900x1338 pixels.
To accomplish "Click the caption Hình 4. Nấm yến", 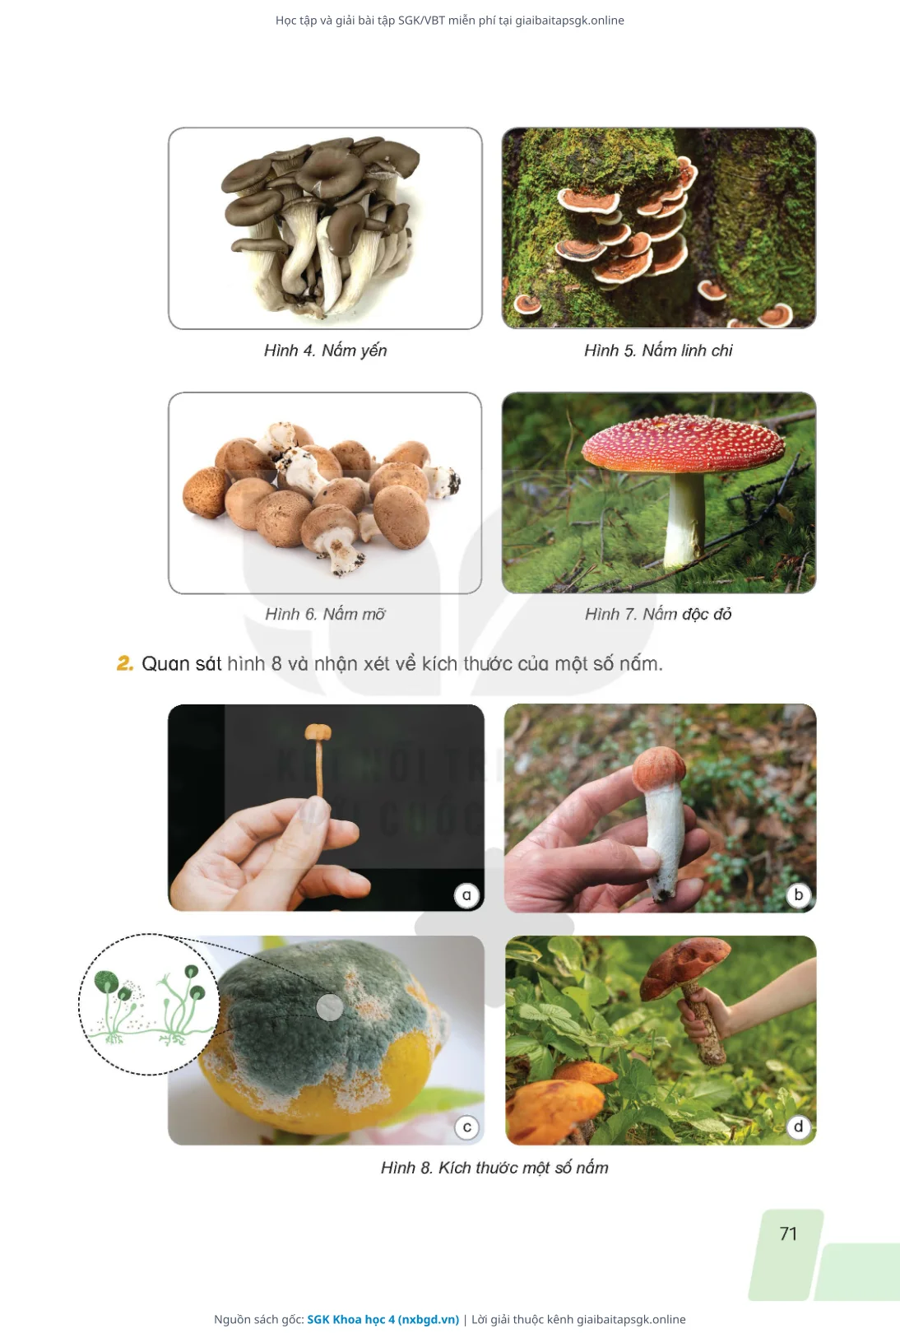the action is point(326,351).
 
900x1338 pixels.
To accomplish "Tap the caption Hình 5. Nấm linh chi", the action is point(658,351).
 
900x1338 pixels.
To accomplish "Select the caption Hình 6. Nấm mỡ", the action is point(326,614).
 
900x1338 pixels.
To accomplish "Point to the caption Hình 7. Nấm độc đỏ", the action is point(658,614).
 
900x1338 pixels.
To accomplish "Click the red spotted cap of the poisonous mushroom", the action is point(684,444).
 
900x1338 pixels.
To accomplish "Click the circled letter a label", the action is point(466,895).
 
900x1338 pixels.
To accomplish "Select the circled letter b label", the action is point(799,894).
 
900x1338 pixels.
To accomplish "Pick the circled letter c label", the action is point(467,1127).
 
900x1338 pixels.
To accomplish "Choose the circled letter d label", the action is point(799,1127).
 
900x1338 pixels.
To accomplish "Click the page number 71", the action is point(788,1233).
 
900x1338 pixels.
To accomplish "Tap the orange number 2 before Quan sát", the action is point(124,663).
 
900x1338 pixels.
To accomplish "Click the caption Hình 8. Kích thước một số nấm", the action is point(494,1168).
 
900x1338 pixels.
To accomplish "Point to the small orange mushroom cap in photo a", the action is point(318,731).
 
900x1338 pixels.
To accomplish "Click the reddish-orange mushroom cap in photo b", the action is point(659,768).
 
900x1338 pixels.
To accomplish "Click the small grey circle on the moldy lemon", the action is point(329,1006).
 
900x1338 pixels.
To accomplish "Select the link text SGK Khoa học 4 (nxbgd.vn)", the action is point(383,1319).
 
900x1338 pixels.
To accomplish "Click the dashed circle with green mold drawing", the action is point(149,934).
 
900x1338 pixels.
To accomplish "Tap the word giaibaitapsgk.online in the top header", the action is point(570,21).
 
